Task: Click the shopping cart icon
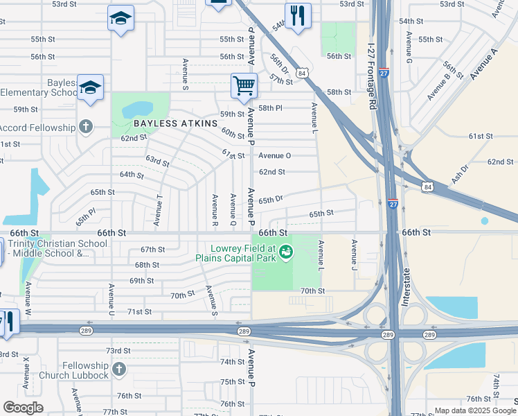(x=244, y=86)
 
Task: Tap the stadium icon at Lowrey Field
(x=284, y=258)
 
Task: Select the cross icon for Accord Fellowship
(x=85, y=127)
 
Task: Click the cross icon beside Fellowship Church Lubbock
(x=118, y=370)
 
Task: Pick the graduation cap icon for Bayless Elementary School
(x=90, y=87)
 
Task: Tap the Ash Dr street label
(x=460, y=173)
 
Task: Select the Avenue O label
(x=275, y=155)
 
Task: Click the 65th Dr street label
(x=271, y=200)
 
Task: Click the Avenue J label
(x=354, y=254)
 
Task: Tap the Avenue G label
(x=409, y=49)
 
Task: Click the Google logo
(x=23, y=408)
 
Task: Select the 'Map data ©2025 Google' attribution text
(x=475, y=410)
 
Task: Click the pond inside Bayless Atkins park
(x=138, y=110)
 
